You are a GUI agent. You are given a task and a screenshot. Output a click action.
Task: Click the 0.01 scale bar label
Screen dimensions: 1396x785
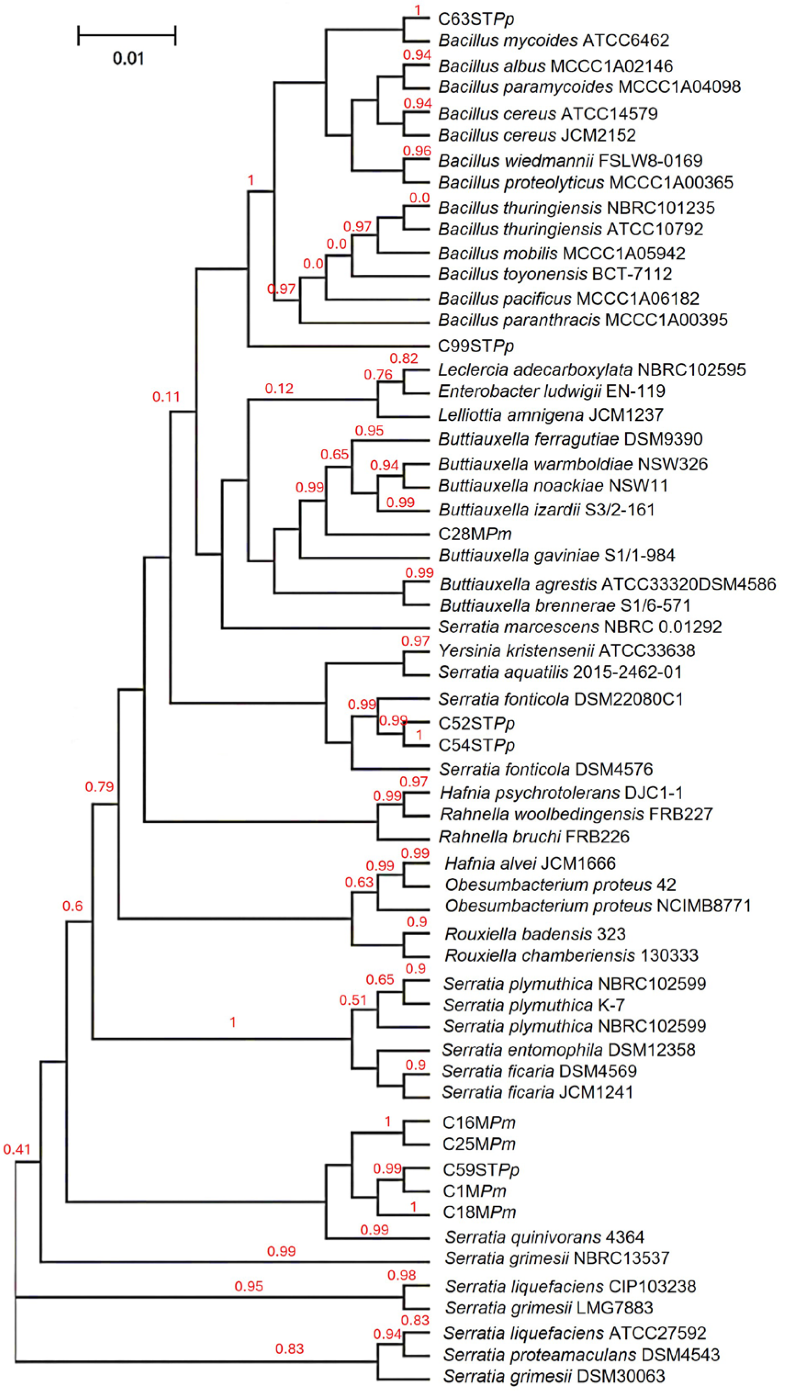pyautogui.click(x=129, y=58)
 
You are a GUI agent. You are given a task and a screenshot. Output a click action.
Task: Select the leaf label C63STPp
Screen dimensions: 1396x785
pyautogui.click(x=476, y=19)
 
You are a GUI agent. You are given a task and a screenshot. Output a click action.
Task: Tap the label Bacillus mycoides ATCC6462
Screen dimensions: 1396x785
pyautogui.click(x=554, y=40)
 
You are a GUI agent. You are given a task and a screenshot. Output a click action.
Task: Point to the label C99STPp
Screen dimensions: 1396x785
pyautogui.click(x=476, y=346)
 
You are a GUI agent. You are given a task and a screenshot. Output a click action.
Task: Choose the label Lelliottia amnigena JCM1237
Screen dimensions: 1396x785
pyautogui.click(x=550, y=415)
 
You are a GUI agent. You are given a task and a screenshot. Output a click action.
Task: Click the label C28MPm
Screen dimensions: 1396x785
pyautogui.click(x=475, y=534)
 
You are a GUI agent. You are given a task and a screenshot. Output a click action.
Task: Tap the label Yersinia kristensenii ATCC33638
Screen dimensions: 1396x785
pyautogui.click(x=566, y=650)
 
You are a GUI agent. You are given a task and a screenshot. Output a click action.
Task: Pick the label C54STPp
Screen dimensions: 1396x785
pyautogui.click(x=476, y=746)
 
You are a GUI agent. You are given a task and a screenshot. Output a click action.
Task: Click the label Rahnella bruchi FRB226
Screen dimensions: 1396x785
pyautogui.click(x=533, y=837)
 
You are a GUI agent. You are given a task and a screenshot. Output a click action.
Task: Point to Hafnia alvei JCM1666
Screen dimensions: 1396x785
pyautogui.click(x=530, y=863)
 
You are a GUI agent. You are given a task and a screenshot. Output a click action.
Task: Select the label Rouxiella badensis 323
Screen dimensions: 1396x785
pyautogui.click(x=535, y=934)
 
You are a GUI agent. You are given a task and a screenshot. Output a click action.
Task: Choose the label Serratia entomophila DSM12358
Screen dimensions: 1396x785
pyautogui.click(x=568, y=1050)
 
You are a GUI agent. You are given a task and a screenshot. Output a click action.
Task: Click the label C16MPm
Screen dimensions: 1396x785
pyautogui.click(x=479, y=1123)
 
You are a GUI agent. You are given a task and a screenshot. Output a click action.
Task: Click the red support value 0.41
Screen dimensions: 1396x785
pyautogui.click(x=17, y=1149)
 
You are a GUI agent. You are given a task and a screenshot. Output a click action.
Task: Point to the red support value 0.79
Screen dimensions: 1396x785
pyautogui.click(x=99, y=787)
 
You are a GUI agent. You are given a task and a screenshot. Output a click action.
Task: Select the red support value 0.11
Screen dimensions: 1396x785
pyautogui.click(x=166, y=397)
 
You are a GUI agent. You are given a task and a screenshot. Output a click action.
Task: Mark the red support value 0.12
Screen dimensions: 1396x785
pyautogui.click(x=279, y=389)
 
